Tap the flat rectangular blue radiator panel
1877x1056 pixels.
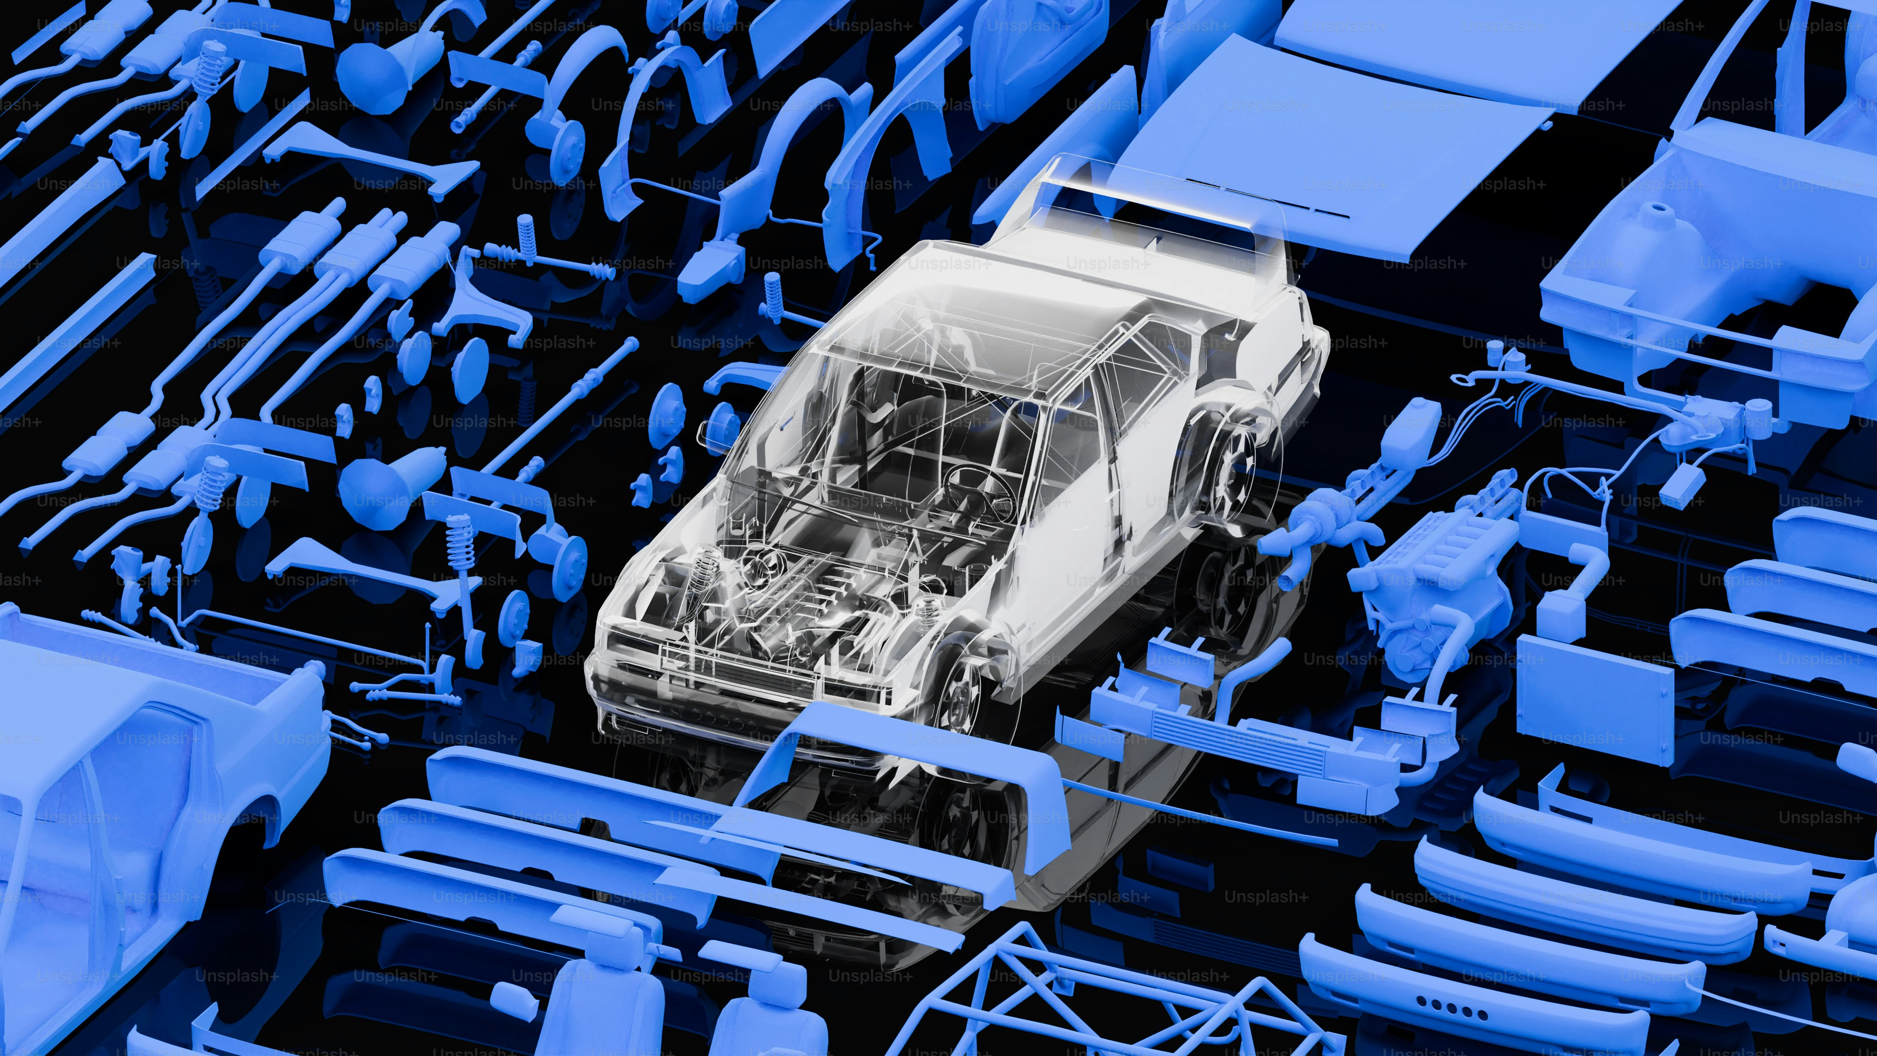point(1596,696)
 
